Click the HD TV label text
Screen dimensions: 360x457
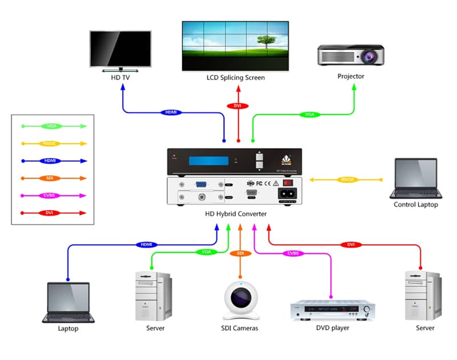click(x=120, y=77)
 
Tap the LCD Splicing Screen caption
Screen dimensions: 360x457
click(x=235, y=78)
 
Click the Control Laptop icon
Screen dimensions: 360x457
click(x=415, y=178)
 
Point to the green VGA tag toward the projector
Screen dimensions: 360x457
click(x=309, y=115)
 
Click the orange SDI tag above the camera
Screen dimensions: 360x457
click(x=240, y=253)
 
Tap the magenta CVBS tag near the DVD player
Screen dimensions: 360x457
click(x=292, y=253)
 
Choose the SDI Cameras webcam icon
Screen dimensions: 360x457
click(x=240, y=301)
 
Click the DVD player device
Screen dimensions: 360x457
click(x=332, y=310)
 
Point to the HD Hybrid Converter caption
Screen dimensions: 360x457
click(x=236, y=214)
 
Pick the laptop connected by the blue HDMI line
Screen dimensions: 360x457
click(x=67, y=303)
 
